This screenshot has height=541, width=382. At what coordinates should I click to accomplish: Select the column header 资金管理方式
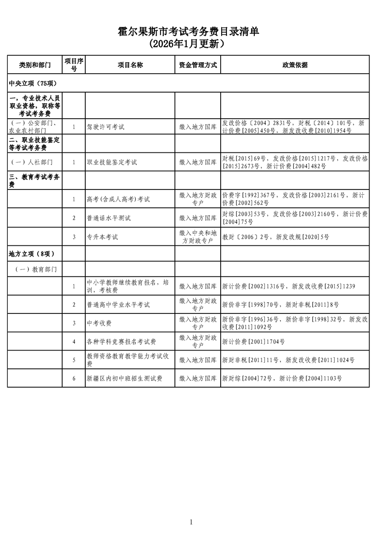pyautogui.click(x=198, y=65)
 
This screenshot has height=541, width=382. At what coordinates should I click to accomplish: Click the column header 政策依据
pyautogui.click(x=295, y=65)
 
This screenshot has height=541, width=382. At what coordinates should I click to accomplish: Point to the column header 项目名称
pyautogui.click(x=130, y=65)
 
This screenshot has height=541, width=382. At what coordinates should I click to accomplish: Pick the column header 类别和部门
pyautogui.click(x=35, y=65)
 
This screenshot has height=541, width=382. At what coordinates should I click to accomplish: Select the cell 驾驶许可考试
pyautogui.click(x=105, y=127)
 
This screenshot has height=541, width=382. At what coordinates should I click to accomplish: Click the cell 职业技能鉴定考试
pyautogui.click(x=112, y=162)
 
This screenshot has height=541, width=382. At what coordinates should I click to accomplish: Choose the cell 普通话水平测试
pyautogui.click(x=108, y=218)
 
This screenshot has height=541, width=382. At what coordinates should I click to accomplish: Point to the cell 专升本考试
pyautogui.click(x=102, y=237)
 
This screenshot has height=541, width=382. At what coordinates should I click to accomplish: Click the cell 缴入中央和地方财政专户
pyautogui.click(x=198, y=237)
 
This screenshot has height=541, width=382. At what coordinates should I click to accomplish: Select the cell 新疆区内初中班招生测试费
pyautogui.click(x=124, y=379)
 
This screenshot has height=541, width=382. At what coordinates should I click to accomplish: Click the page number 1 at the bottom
pyautogui.click(x=191, y=522)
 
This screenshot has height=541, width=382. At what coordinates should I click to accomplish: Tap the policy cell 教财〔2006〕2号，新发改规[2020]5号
pyautogui.click(x=276, y=237)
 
